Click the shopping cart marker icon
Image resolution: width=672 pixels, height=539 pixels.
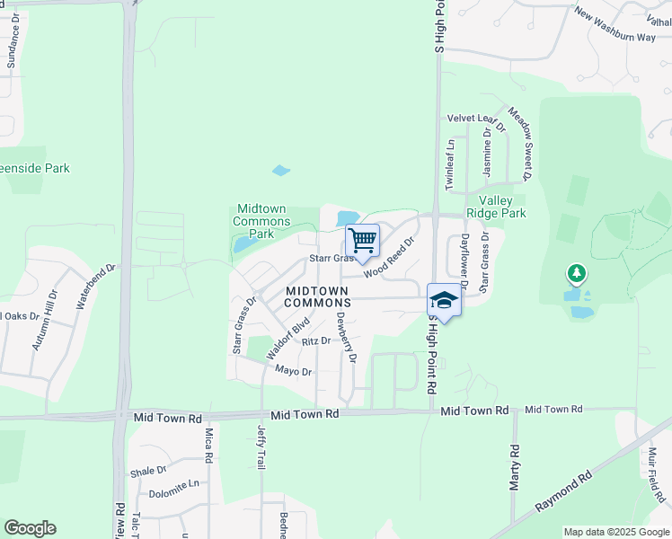pos(362,241)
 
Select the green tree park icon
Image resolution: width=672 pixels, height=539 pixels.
pos(576,272)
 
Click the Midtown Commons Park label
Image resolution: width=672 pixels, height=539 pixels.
pos(261,221)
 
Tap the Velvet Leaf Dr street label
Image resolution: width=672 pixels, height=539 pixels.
pos(473,119)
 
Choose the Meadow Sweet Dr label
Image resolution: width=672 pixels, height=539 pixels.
pos(521,143)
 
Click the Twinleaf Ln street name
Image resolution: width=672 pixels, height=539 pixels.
pos(450,163)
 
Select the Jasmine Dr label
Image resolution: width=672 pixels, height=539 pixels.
pos(486,151)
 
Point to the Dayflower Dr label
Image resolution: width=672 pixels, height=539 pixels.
pos(464,255)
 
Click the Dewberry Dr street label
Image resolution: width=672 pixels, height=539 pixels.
pos(346,337)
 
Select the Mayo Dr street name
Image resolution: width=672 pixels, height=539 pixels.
pos(293,371)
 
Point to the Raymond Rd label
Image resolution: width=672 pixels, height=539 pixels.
pos(563,491)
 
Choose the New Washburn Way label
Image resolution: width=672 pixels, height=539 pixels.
pos(615,27)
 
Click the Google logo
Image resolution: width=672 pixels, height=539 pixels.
pos(30,528)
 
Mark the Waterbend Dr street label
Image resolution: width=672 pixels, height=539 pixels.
pos(97,287)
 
